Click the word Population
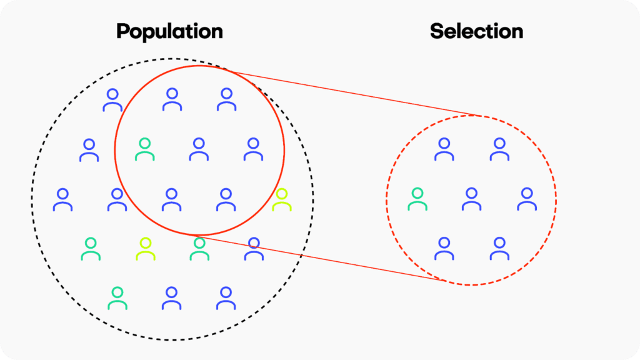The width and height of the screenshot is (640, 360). click(169, 31)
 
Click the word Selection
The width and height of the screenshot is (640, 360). click(476, 31)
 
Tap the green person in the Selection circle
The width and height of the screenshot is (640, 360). click(417, 199)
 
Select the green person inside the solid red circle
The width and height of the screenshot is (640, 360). click(144, 149)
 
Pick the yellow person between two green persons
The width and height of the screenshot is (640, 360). click(146, 249)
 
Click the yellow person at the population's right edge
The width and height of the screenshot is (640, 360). click(281, 199)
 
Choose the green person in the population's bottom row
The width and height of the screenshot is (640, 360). click(117, 298)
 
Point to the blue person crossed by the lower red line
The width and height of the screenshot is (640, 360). click(253, 249)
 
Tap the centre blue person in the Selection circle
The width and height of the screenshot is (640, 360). click(471, 199)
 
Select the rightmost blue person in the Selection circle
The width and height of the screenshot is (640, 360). click(527, 199)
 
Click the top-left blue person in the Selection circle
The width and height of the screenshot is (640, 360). click(444, 149)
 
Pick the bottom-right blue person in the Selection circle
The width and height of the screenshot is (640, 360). click(499, 249)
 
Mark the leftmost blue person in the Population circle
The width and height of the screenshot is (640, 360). click(62, 199)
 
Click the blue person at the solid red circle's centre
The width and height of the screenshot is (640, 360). click(199, 149)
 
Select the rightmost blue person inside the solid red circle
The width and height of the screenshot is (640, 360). click(253, 149)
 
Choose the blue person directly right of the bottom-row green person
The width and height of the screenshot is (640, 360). click(172, 298)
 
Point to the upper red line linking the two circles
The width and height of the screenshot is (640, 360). click(350, 94)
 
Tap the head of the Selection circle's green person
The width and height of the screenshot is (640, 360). click(417, 193)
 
